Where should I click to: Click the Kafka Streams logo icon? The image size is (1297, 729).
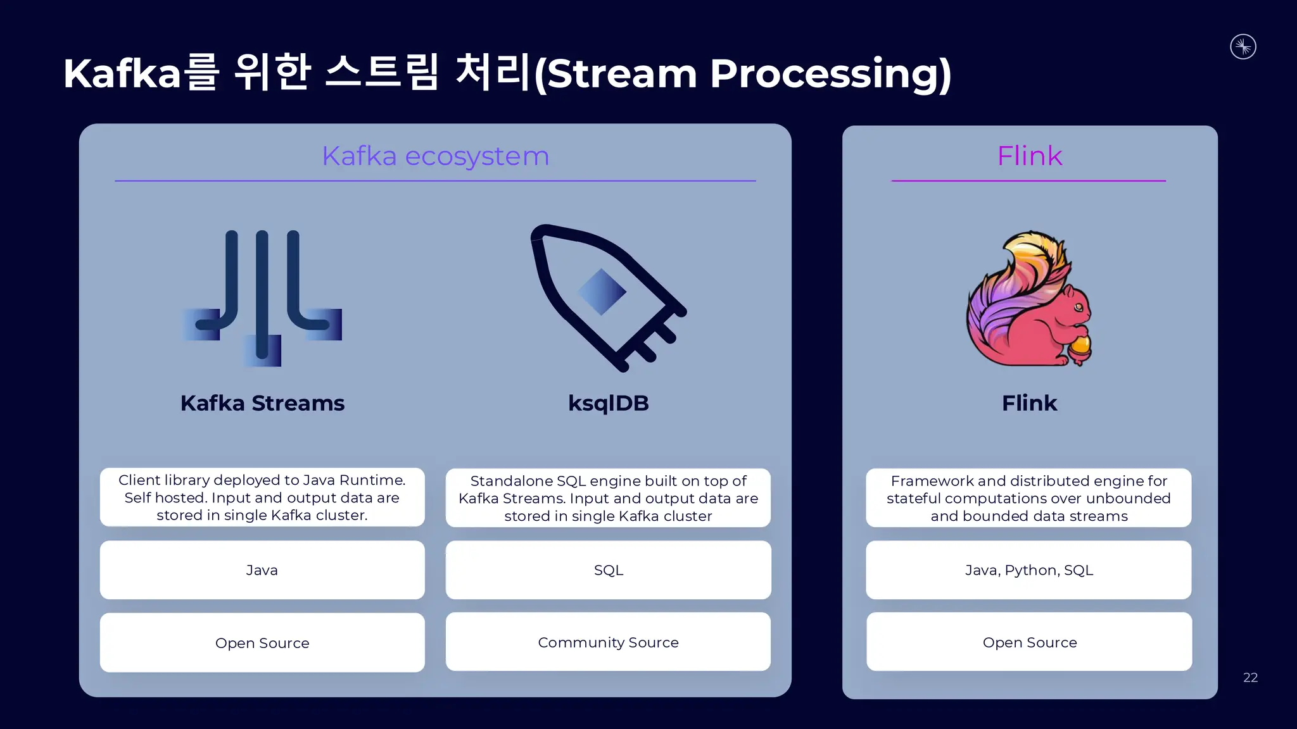click(262, 297)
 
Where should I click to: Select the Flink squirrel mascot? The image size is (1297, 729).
click(1029, 299)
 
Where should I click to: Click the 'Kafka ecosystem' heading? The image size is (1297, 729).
click(435, 156)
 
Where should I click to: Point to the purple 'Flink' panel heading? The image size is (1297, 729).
click(1029, 156)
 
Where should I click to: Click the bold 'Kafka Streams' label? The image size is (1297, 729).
click(262, 403)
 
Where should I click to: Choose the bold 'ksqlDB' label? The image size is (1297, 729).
click(608, 403)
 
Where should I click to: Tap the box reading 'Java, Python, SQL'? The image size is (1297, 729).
click(1028, 570)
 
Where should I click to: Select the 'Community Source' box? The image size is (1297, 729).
click(608, 642)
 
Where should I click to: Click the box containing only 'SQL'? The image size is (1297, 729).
click(608, 570)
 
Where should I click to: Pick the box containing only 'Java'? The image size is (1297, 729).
click(262, 570)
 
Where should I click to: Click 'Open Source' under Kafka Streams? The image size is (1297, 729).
click(262, 643)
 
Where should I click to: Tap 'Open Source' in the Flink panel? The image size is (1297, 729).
click(1029, 642)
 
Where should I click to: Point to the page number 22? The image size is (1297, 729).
click(1250, 678)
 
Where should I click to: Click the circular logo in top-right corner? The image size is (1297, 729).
click(1243, 47)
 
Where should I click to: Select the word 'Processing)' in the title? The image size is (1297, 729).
click(830, 74)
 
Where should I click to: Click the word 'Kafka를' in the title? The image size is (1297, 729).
click(141, 73)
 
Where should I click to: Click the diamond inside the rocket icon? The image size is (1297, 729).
click(602, 292)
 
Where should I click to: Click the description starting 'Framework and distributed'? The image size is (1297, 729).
click(1028, 498)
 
